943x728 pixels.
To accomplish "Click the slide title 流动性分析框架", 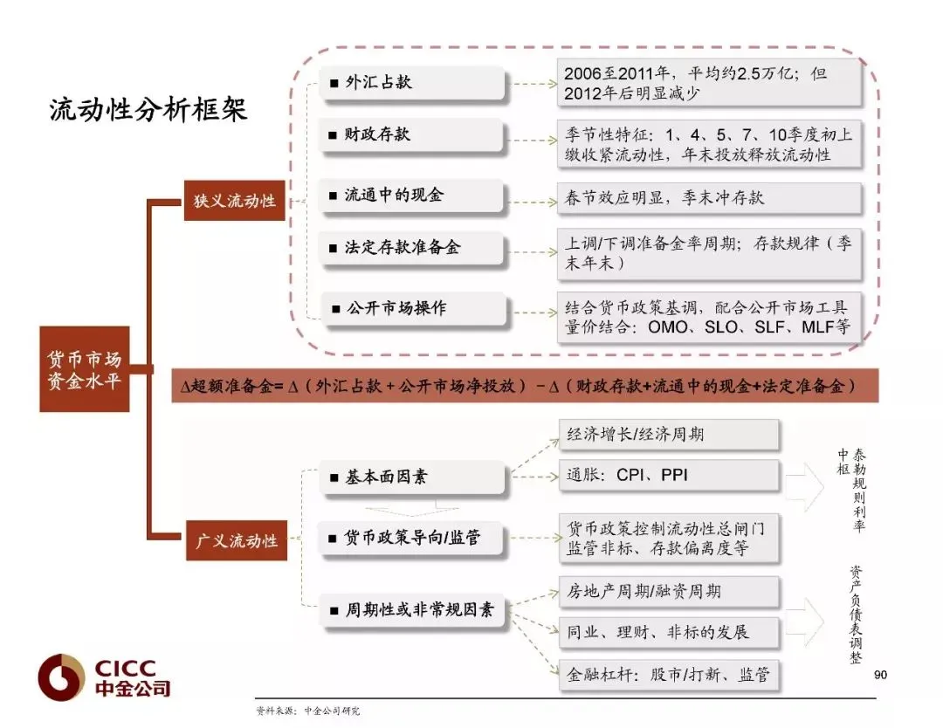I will [x=148, y=110].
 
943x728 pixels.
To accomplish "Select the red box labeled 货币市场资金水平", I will [x=85, y=369].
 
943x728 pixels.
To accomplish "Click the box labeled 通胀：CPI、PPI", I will [x=669, y=477].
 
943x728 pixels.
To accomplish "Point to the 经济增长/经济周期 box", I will [x=669, y=435].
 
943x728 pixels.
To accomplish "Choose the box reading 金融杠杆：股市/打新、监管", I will [x=669, y=674].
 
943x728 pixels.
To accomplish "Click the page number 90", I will [x=879, y=675].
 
